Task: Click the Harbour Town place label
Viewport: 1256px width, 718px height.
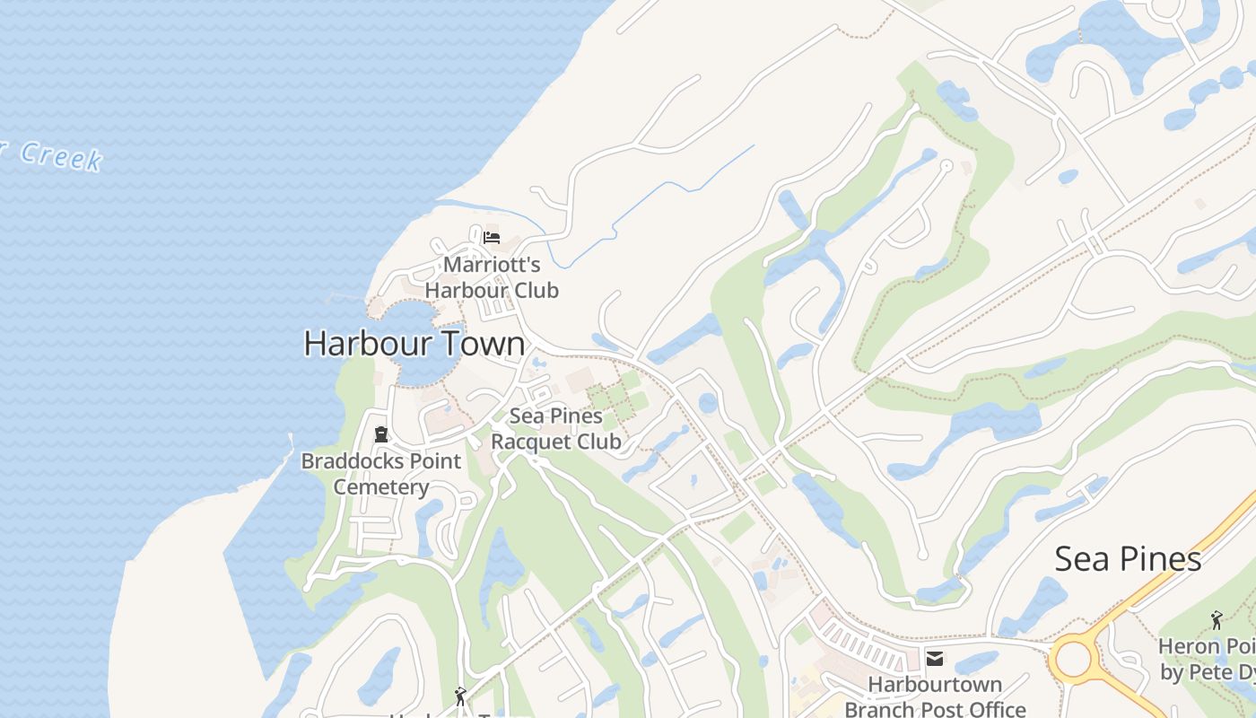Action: point(414,344)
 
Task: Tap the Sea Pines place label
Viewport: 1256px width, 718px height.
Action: point(1128,559)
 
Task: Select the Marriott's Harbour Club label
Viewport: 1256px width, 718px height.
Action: point(492,277)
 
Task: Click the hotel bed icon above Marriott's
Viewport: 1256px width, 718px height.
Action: point(491,238)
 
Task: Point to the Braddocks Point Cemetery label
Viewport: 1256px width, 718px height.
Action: point(381,474)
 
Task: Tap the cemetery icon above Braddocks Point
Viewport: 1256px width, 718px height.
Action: point(381,435)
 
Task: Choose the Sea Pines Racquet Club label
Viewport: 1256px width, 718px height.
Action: point(556,429)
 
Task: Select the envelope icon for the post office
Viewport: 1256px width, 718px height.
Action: point(935,660)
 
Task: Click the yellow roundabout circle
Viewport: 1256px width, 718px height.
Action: point(1073,660)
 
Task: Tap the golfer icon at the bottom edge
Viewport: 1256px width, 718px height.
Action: point(460,696)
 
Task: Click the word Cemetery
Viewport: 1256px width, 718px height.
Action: point(381,487)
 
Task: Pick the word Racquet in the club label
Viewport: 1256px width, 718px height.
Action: point(528,442)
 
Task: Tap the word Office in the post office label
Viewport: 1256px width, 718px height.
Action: point(992,709)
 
